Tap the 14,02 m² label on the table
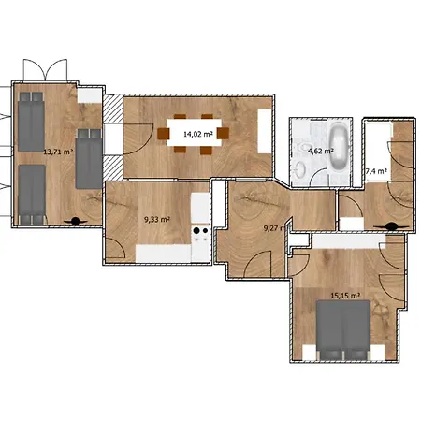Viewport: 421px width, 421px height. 197,134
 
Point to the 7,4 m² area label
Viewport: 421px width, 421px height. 376,171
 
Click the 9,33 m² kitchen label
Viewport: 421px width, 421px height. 156,219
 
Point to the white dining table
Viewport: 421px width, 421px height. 196,133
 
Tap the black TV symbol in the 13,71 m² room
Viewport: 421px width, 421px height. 74,222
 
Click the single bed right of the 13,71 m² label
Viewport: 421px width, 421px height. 88,157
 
